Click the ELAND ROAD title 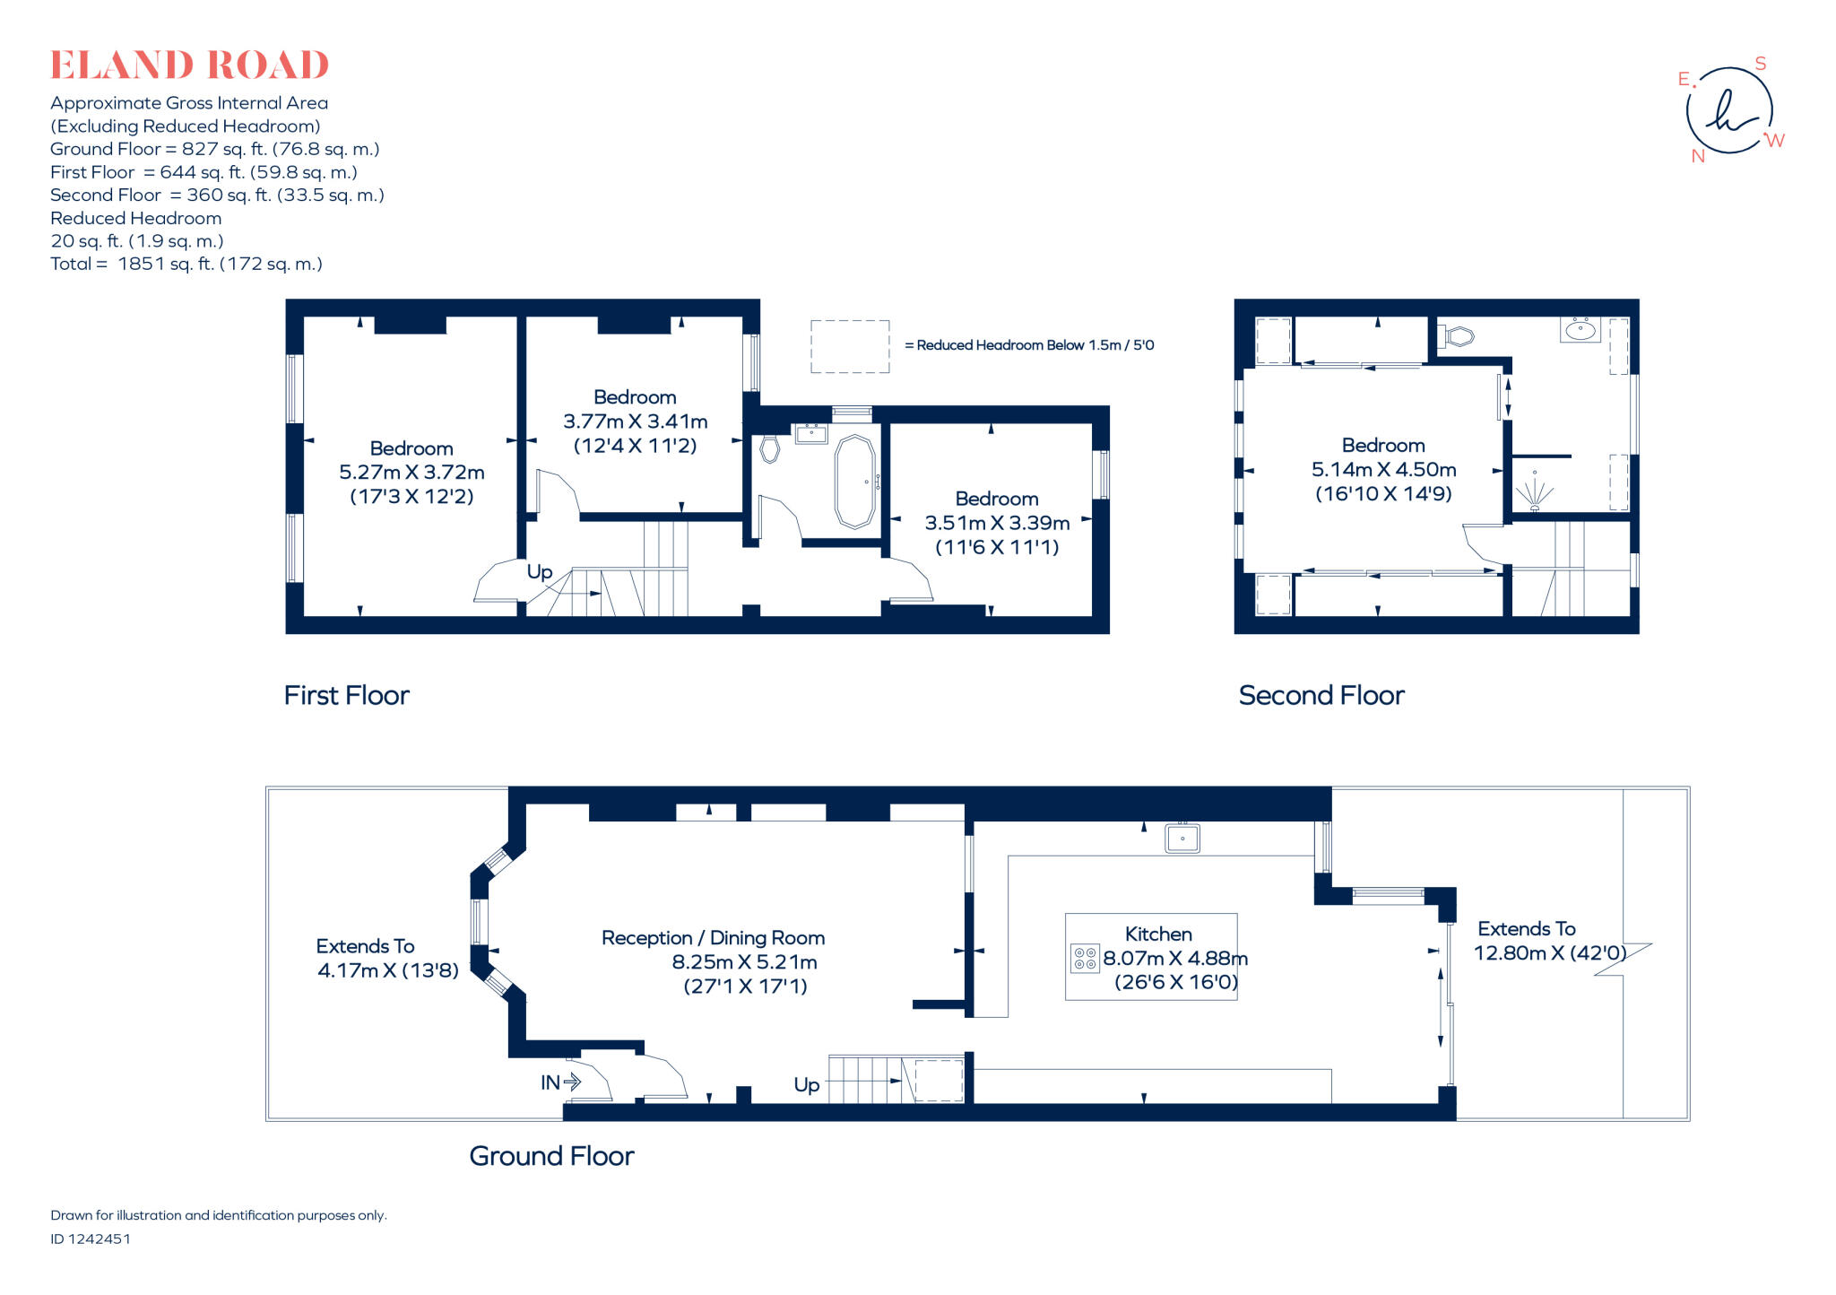(189, 65)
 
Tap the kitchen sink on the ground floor (1182, 839)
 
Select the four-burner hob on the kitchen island (1085, 958)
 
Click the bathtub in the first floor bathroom (854, 482)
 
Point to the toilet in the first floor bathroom (769, 448)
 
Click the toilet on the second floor (1458, 337)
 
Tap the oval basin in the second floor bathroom (1580, 330)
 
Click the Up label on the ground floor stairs (806, 1085)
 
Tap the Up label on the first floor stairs (539, 572)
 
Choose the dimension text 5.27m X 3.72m (411, 473)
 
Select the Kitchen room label (1157, 934)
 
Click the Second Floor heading (1321, 695)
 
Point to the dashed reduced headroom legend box (849, 346)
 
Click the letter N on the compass (1697, 156)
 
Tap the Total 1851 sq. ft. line (186, 264)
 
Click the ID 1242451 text (91, 1239)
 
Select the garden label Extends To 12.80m (1549, 941)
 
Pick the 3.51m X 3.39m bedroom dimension (997, 523)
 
